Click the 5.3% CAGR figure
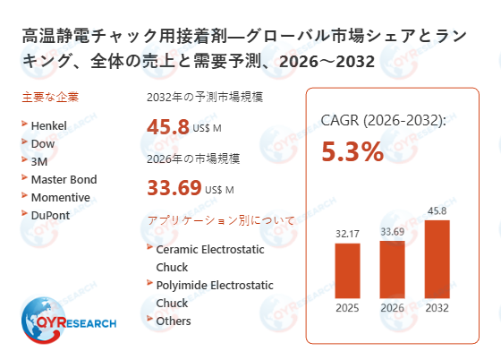(352, 151)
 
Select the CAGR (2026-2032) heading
(383, 121)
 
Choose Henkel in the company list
(49, 125)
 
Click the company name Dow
(43, 143)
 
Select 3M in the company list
(40, 161)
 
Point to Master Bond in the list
(64, 179)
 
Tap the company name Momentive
(60, 197)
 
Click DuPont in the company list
(50, 215)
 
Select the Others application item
(174, 321)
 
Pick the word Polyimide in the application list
(183, 285)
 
